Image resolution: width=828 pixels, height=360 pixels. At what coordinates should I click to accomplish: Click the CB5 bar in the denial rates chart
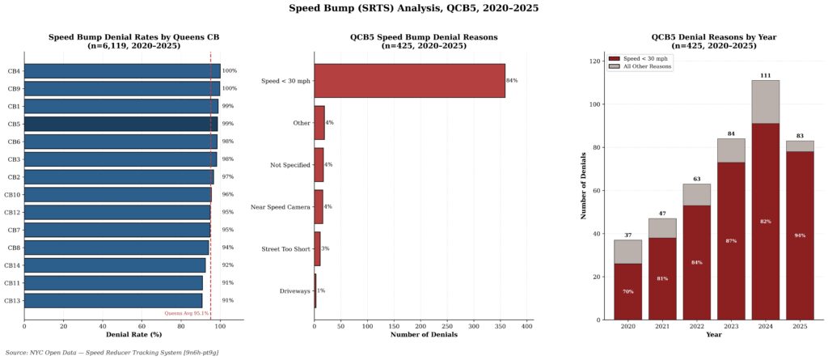point(120,124)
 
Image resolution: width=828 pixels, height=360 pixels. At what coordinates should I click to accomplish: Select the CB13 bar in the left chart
point(113,300)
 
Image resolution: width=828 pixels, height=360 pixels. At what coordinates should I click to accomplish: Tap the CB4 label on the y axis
point(14,71)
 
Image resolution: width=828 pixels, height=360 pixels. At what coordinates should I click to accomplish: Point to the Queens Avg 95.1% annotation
point(187,313)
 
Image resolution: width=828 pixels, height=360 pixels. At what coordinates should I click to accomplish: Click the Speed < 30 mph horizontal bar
point(409,81)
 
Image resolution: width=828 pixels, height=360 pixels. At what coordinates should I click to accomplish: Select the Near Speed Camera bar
point(319,206)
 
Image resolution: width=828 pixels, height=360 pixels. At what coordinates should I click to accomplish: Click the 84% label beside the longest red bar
point(512,81)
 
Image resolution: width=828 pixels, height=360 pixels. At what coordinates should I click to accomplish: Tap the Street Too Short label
point(285,248)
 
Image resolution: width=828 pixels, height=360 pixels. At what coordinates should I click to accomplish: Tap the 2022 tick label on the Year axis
point(695,326)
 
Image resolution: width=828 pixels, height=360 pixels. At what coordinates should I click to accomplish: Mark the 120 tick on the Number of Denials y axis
point(595,61)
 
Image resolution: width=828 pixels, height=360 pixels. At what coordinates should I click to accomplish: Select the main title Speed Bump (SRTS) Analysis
point(413,8)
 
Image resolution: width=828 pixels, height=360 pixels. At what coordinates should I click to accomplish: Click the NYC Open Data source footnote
point(112,353)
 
